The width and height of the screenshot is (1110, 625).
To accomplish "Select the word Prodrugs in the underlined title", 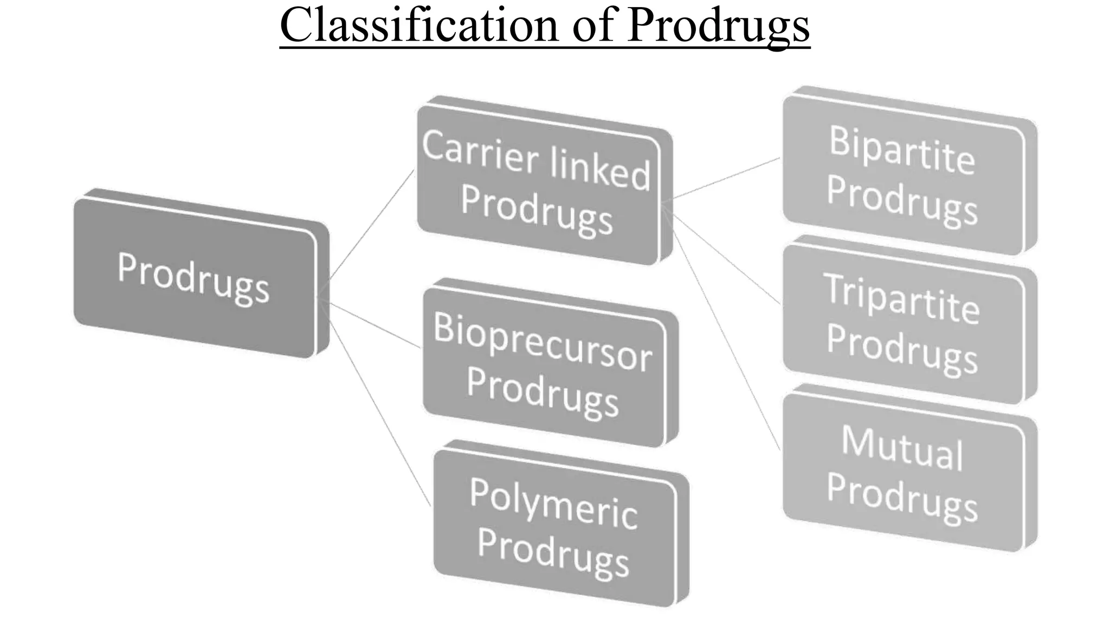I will point(719,26).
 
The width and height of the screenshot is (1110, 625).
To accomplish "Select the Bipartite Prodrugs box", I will point(903,174).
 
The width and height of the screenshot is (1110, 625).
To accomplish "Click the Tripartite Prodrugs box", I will point(903,323).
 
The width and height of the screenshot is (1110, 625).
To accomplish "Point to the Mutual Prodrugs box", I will point(903,472).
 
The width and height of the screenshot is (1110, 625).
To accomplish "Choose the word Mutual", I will point(902,448).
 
